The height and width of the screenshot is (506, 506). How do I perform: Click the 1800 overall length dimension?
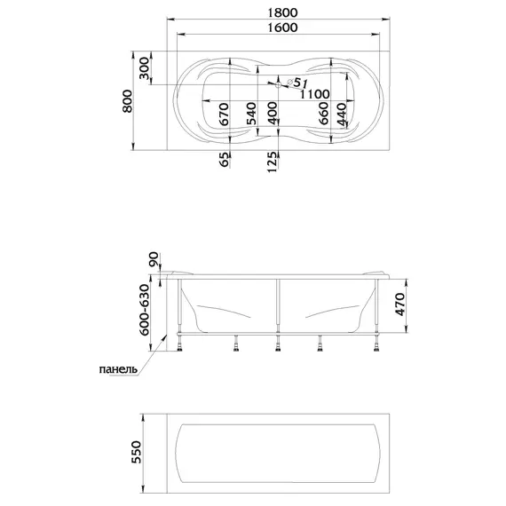tap(282, 12)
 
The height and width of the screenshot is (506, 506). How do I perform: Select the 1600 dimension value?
tap(282, 28)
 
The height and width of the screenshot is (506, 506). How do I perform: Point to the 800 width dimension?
tap(127, 101)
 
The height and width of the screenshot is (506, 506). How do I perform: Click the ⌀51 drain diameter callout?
tap(297, 83)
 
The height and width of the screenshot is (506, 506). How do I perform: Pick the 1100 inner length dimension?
tap(315, 94)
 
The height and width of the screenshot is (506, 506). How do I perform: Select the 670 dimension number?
tap(224, 114)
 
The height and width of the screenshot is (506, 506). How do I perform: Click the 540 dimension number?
tap(251, 114)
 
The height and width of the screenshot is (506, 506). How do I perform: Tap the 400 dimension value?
tap(273, 113)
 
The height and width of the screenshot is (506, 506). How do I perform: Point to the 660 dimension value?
tap(323, 113)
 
